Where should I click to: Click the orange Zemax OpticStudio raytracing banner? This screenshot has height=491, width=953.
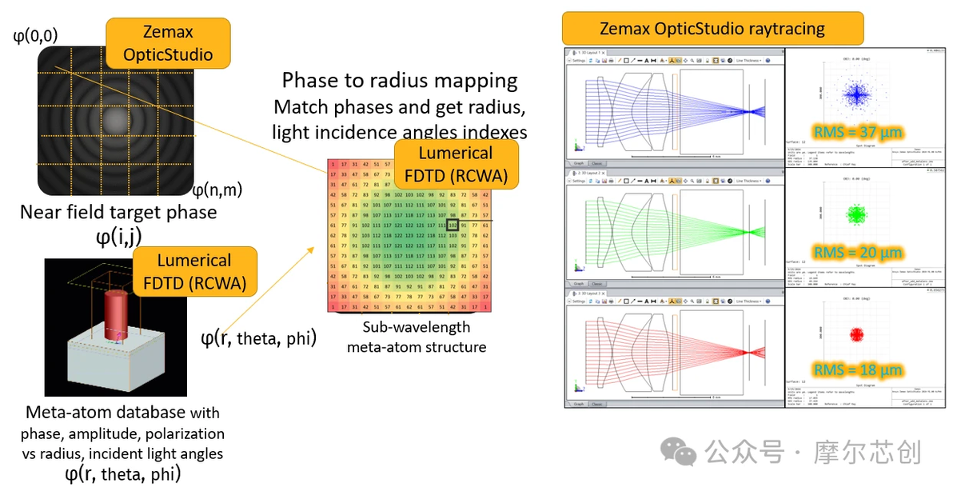(712, 29)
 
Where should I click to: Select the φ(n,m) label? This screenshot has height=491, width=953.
(217, 190)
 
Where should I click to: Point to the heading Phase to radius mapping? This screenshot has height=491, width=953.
(400, 81)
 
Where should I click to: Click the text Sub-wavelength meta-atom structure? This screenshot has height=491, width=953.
(416, 337)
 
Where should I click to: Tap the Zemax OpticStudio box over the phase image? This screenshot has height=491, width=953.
(168, 44)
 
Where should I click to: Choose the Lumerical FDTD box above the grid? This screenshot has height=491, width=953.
(456, 164)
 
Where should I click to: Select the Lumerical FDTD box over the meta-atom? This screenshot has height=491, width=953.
(194, 272)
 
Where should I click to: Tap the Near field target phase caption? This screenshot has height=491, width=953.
(118, 213)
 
